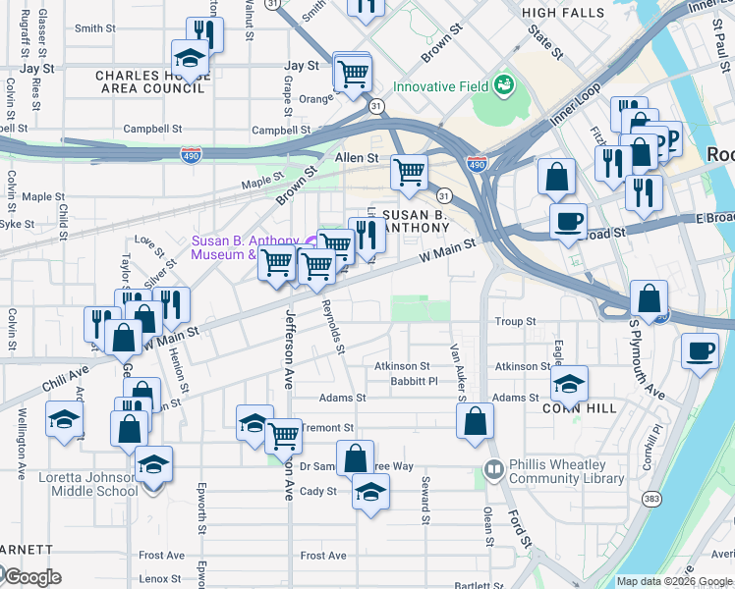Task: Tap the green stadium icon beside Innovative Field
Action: (504, 85)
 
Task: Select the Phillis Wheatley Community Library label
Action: (567, 472)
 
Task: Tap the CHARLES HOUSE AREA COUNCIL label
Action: (149, 81)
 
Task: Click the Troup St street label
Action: (515, 321)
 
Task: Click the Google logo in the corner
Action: (31, 577)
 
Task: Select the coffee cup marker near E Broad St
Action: (567, 221)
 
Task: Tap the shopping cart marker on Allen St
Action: (409, 173)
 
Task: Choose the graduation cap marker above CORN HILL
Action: (569, 382)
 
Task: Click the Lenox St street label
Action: (161, 579)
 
